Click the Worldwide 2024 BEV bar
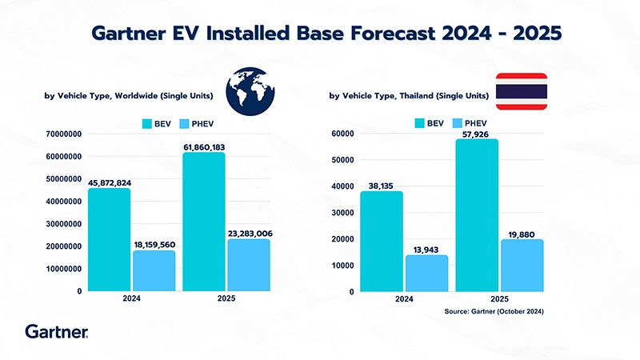tap(110, 239)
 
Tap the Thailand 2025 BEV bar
tap(478, 214)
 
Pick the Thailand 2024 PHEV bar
tap(426, 273)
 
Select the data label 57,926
tap(478, 134)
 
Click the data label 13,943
tap(426, 250)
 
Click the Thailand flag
tap(522, 91)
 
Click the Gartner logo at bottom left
tap(56, 330)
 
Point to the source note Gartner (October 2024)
tap(494, 311)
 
